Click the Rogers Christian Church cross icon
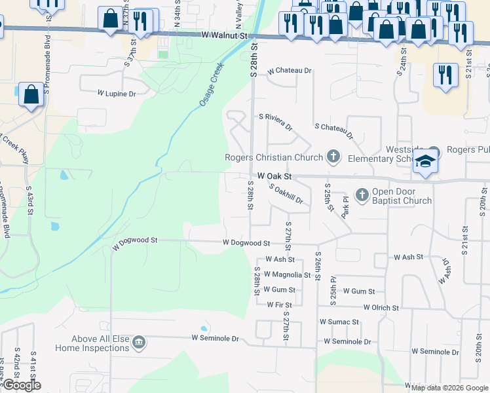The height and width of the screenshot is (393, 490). pyautogui.click(x=333, y=157)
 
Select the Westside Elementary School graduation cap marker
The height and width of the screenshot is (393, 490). pyautogui.click(x=425, y=162)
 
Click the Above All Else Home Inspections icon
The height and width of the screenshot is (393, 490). pyautogui.click(x=138, y=343)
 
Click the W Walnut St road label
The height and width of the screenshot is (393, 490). pyautogui.click(x=226, y=35)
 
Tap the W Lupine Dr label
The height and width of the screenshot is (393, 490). pyautogui.click(x=117, y=94)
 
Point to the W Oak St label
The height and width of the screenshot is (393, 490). pyautogui.click(x=274, y=176)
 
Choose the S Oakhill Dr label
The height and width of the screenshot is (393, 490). pyautogui.click(x=286, y=193)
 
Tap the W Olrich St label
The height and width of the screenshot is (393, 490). pyautogui.click(x=381, y=307)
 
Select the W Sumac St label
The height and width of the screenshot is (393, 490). pyautogui.click(x=339, y=322)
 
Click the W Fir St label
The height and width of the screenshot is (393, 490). pyautogui.click(x=279, y=305)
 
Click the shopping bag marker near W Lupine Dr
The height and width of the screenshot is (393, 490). pyautogui.click(x=31, y=95)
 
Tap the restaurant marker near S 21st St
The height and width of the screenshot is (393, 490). pyautogui.click(x=445, y=75)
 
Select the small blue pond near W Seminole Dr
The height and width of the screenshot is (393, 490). pyautogui.click(x=204, y=329)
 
